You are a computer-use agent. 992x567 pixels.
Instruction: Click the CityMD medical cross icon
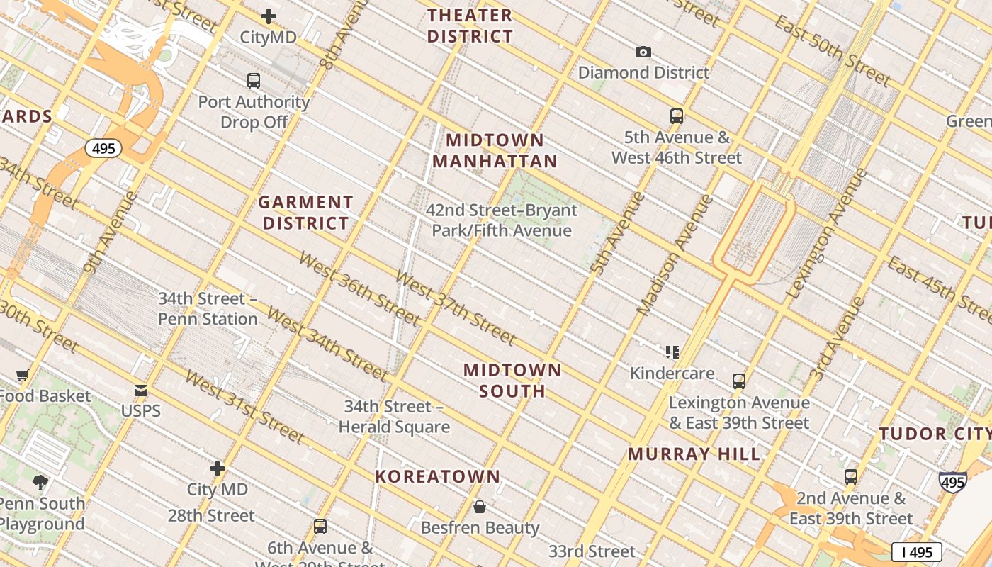(x=269, y=16)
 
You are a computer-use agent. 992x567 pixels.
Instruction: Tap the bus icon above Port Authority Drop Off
(x=254, y=80)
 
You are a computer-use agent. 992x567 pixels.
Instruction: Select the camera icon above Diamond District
(x=643, y=52)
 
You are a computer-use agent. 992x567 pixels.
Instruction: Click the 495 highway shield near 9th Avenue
(x=103, y=148)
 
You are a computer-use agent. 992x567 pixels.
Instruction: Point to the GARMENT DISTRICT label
(x=305, y=213)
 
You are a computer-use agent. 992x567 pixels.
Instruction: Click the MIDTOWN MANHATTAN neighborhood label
(x=495, y=150)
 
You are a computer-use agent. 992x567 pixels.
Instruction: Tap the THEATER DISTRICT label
(x=470, y=26)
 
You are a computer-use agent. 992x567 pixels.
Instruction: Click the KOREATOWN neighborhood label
(x=437, y=476)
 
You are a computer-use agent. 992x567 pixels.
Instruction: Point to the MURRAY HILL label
(x=694, y=454)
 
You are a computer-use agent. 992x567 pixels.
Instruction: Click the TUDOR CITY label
(x=934, y=434)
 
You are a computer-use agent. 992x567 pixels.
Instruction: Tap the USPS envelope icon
(x=141, y=391)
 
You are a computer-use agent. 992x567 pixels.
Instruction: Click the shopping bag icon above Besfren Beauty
(x=480, y=507)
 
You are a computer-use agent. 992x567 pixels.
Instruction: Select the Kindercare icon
(x=672, y=352)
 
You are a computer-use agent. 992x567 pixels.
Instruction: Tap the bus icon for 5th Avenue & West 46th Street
(x=677, y=116)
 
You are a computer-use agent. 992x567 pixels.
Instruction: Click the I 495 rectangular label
(x=916, y=552)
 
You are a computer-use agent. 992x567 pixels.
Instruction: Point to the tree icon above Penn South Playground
(x=40, y=483)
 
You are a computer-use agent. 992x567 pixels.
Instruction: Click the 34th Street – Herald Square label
(x=394, y=417)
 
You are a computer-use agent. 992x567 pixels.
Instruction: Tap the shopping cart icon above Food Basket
(x=23, y=375)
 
